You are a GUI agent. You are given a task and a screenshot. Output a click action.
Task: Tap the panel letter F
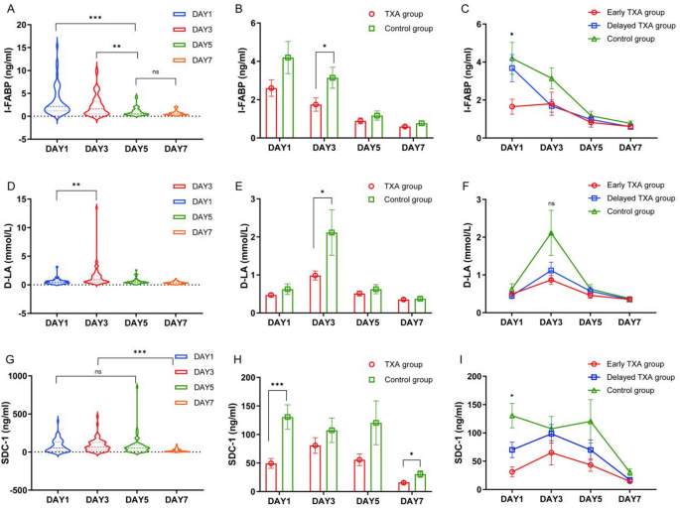[x=465, y=179]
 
